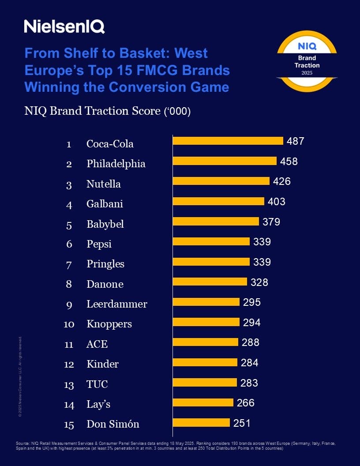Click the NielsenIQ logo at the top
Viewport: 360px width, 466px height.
[x=64, y=26]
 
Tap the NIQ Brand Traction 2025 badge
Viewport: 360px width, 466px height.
[x=307, y=62]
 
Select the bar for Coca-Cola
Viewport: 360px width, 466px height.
[x=228, y=141]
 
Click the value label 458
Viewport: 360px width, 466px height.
[x=289, y=162]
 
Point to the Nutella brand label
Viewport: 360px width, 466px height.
[x=104, y=184]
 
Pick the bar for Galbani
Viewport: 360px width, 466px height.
[x=218, y=201]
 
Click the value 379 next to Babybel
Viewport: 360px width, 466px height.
[x=271, y=222]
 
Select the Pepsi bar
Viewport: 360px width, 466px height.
[x=211, y=241]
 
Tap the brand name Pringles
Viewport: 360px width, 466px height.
[x=105, y=264]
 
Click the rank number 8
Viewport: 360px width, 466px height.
[x=69, y=284]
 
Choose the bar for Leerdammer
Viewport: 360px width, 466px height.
[x=206, y=302]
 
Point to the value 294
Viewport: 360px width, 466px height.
[x=252, y=323]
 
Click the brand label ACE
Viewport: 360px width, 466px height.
[x=97, y=344]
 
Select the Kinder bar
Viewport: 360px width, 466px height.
[x=205, y=362]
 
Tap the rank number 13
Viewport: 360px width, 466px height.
[x=69, y=385]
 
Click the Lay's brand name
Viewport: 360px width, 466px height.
[x=98, y=404]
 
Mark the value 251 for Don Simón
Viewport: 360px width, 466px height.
[x=242, y=423]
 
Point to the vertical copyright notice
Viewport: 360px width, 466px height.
[x=20, y=377]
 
